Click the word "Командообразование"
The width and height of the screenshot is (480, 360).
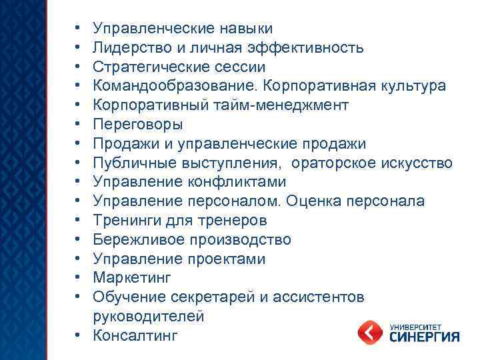[x=175, y=87]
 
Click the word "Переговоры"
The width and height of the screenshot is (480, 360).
[x=138, y=125]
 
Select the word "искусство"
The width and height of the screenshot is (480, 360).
[x=417, y=163]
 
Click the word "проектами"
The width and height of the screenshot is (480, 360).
[x=227, y=259]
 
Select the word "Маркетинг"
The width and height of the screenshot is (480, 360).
[x=133, y=278]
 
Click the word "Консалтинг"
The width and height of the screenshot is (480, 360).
[x=136, y=336]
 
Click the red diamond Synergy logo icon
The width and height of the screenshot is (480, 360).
[x=370, y=331]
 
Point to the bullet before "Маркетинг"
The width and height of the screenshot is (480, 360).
[x=78, y=278]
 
